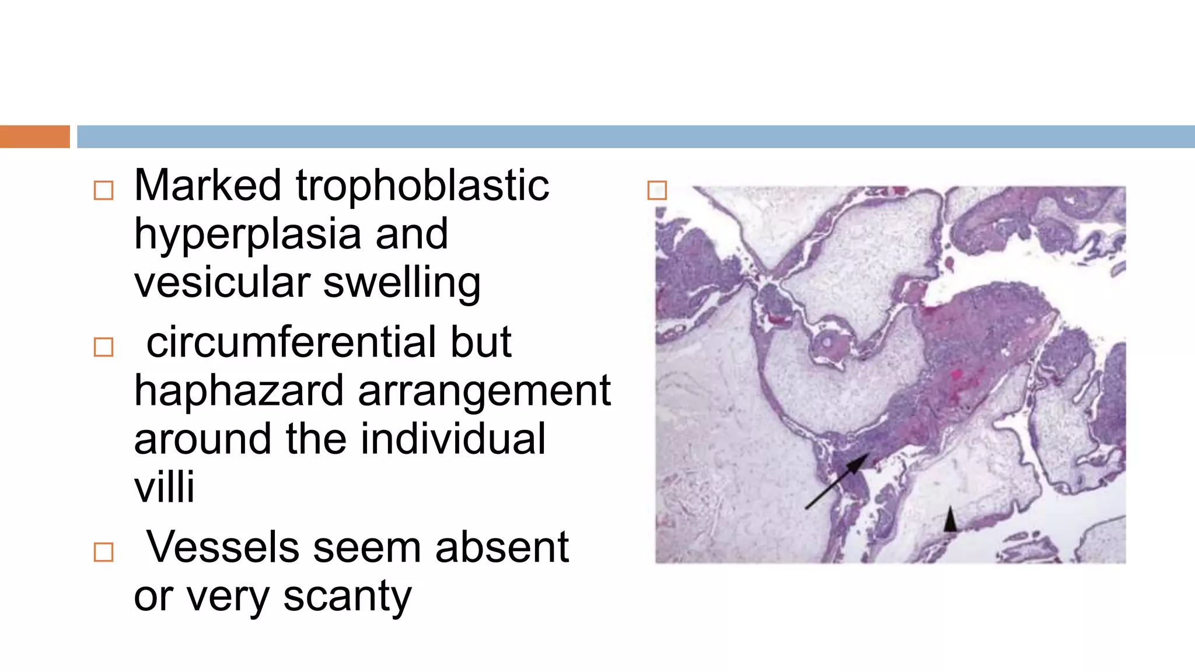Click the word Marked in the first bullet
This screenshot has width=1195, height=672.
click(207, 185)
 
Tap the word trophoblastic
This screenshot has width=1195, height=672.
click(422, 185)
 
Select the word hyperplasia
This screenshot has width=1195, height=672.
click(247, 235)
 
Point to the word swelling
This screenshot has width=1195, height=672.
click(402, 283)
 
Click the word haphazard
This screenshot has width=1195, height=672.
click(239, 391)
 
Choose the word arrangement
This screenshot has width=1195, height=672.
click(484, 392)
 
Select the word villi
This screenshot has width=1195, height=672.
click(164, 487)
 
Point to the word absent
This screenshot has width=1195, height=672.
click(502, 547)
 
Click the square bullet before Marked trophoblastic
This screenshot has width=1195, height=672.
click(103, 191)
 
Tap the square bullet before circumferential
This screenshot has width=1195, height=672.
click(103, 347)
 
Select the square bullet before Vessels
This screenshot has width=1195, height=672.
click(103, 552)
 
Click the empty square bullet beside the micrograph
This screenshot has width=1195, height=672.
click(657, 190)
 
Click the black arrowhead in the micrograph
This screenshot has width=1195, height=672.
click(950, 520)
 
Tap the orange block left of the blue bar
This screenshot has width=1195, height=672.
click(34, 136)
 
